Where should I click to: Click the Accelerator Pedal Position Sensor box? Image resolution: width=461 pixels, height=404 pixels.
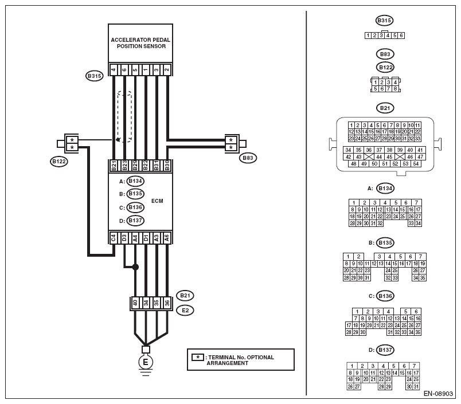click(140, 43)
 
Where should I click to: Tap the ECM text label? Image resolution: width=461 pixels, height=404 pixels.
click(157, 201)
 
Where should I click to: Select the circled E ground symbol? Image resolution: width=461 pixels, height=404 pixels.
click(146, 362)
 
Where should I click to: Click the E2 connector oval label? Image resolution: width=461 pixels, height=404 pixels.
click(185, 310)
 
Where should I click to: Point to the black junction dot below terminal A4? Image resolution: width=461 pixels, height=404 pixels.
click(135, 267)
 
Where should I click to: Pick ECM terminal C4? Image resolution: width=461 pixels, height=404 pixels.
click(114, 238)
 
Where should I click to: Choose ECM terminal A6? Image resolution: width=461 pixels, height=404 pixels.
click(167, 238)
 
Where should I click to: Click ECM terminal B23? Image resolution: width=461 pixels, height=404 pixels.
click(124, 166)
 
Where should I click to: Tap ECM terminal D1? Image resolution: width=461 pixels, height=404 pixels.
click(146, 238)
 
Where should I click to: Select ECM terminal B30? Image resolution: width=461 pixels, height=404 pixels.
click(167, 166)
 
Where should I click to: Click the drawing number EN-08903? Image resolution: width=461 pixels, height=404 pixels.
click(438, 394)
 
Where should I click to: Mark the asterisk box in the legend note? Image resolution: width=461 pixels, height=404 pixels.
click(198, 357)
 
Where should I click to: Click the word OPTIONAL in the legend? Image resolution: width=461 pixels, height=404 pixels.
click(260, 357)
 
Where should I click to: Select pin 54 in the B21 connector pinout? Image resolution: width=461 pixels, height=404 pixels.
click(416, 164)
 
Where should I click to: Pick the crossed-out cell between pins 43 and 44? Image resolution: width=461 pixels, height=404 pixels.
click(369, 156)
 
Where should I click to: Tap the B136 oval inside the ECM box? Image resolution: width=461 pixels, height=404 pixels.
click(135, 207)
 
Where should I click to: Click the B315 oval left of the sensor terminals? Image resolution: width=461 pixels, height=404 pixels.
click(95, 76)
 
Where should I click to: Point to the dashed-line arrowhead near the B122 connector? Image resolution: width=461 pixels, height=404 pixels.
click(118, 139)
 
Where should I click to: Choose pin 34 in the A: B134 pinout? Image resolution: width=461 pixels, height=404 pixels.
click(418, 223)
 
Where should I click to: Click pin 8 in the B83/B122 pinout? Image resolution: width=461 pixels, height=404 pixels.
click(395, 89)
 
